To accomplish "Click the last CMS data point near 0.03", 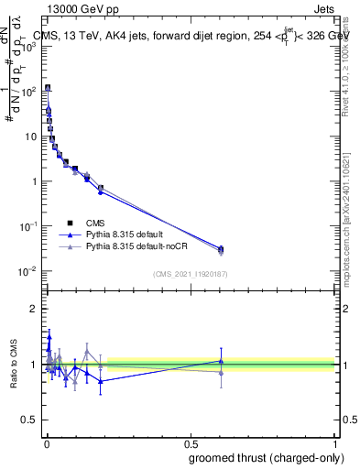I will pyautogui.click(x=220, y=248).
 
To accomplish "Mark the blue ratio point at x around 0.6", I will pyautogui.click(x=220, y=361).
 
